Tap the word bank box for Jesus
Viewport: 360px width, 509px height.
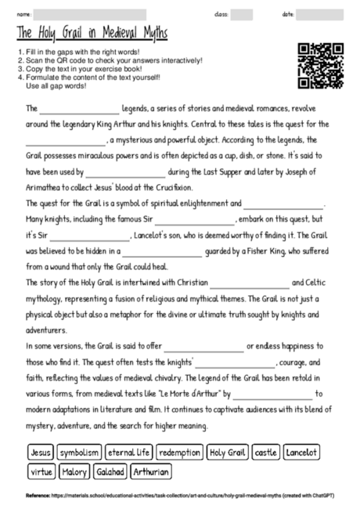click(x=40, y=453)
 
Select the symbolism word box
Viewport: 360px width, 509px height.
click(x=80, y=453)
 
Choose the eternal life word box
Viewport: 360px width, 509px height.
click(x=129, y=453)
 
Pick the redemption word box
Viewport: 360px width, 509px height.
click(x=179, y=453)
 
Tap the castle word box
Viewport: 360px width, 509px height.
click(x=266, y=453)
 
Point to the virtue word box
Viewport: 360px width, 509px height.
click(x=41, y=472)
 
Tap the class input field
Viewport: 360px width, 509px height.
click(x=242, y=14)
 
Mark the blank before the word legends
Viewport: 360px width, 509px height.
click(x=78, y=109)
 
